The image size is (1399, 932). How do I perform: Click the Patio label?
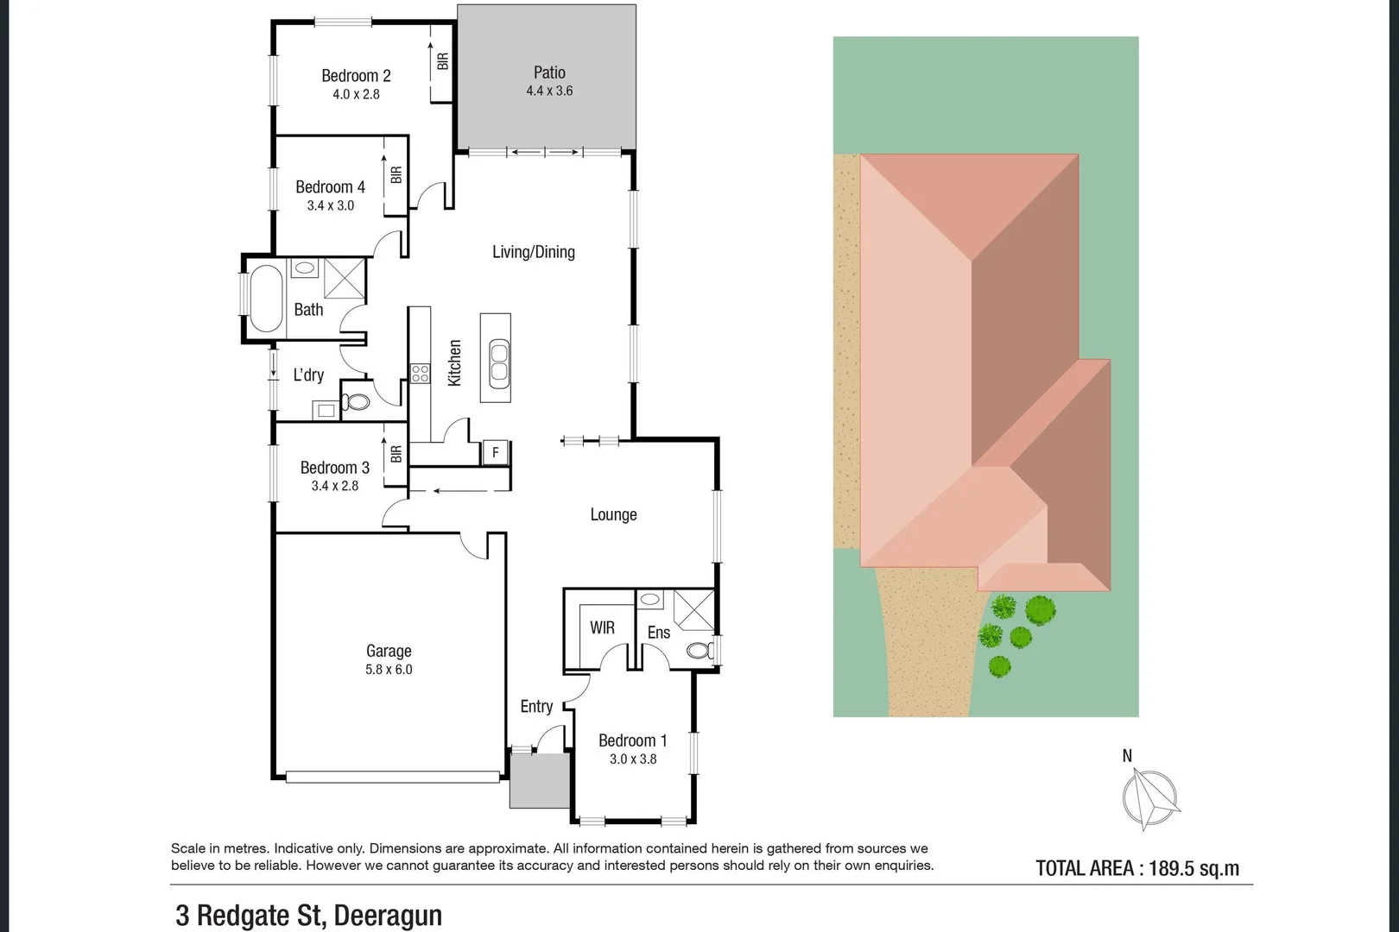click(549, 72)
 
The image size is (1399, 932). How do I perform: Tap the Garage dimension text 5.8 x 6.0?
click(389, 670)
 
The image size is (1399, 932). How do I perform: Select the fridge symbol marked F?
click(496, 452)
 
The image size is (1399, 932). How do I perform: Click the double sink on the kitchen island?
click(499, 361)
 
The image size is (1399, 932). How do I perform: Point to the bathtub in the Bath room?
click(265, 299)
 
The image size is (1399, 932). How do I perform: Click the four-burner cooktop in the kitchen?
click(421, 374)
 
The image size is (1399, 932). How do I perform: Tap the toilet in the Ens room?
click(700, 650)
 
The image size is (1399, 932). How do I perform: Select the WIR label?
click(602, 627)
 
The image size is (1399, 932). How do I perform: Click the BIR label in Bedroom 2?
click(443, 61)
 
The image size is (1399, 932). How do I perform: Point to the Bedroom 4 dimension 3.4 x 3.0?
click(331, 205)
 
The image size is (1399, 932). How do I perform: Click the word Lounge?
click(613, 514)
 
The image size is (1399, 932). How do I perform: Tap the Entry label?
click(536, 706)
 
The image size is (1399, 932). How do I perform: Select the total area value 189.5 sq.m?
click(1193, 868)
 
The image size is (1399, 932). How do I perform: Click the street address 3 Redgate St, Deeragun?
click(308, 915)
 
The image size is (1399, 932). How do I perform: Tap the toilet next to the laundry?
click(357, 401)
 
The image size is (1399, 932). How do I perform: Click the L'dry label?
click(308, 375)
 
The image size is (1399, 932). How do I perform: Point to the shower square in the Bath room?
click(345, 278)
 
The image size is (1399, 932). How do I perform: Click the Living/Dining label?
click(534, 252)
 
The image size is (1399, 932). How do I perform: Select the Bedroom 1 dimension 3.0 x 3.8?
click(633, 759)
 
